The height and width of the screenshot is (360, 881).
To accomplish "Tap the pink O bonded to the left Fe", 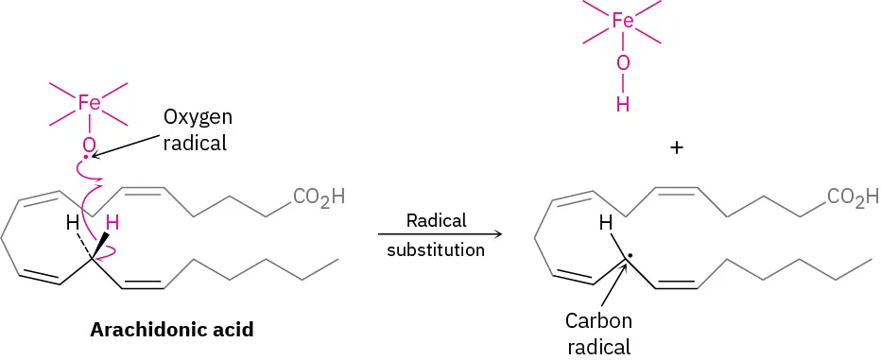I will pos(89,145).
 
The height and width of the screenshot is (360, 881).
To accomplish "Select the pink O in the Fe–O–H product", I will pos(622,62).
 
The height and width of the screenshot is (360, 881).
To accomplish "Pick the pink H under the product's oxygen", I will pos(622,104).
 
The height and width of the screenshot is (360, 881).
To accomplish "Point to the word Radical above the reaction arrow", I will pos(437,221).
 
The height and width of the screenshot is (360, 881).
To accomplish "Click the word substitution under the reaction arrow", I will pos(436,250).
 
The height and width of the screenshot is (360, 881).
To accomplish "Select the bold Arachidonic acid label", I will pos(172,331).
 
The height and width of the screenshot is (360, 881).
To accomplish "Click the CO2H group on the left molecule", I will pos(319,197).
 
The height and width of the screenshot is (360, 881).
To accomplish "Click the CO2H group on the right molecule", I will pos(853,197).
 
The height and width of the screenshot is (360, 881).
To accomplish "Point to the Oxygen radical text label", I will pos(197,129).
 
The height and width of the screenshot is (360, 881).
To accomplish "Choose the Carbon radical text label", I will pos(597,333).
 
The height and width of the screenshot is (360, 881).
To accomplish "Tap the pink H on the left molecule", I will pos(112,223).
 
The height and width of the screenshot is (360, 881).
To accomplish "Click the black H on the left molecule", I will pos(72,224).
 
